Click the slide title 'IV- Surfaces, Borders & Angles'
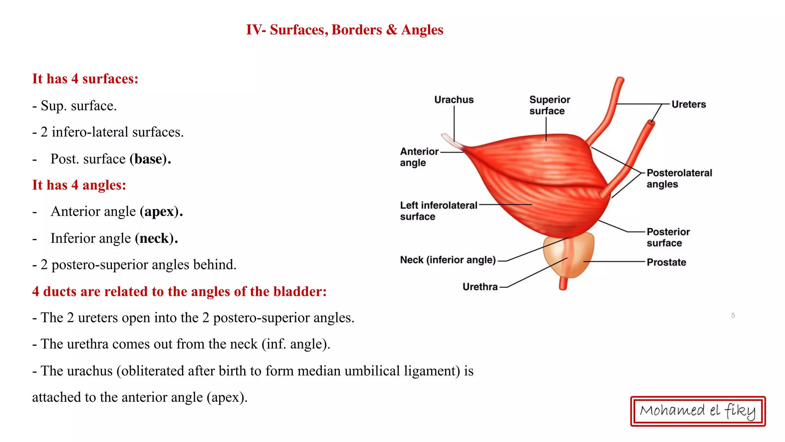point(344,30)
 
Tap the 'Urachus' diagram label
point(454,100)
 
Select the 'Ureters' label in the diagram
point(688,104)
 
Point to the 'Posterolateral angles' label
point(679,178)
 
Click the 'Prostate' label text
point(666,262)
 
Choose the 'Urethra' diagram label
point(480,287)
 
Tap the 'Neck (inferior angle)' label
point(448,260)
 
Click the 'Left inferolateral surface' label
point(438,211)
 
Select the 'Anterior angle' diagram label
point(419,157)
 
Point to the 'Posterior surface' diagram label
point(668,237)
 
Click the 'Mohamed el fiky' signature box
point(698,411)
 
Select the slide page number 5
point(733,315)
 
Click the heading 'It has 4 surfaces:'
point(85,79)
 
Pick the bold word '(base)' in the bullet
point(150,159)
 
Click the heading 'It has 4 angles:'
point(79,185)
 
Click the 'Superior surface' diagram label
point(549,105)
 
